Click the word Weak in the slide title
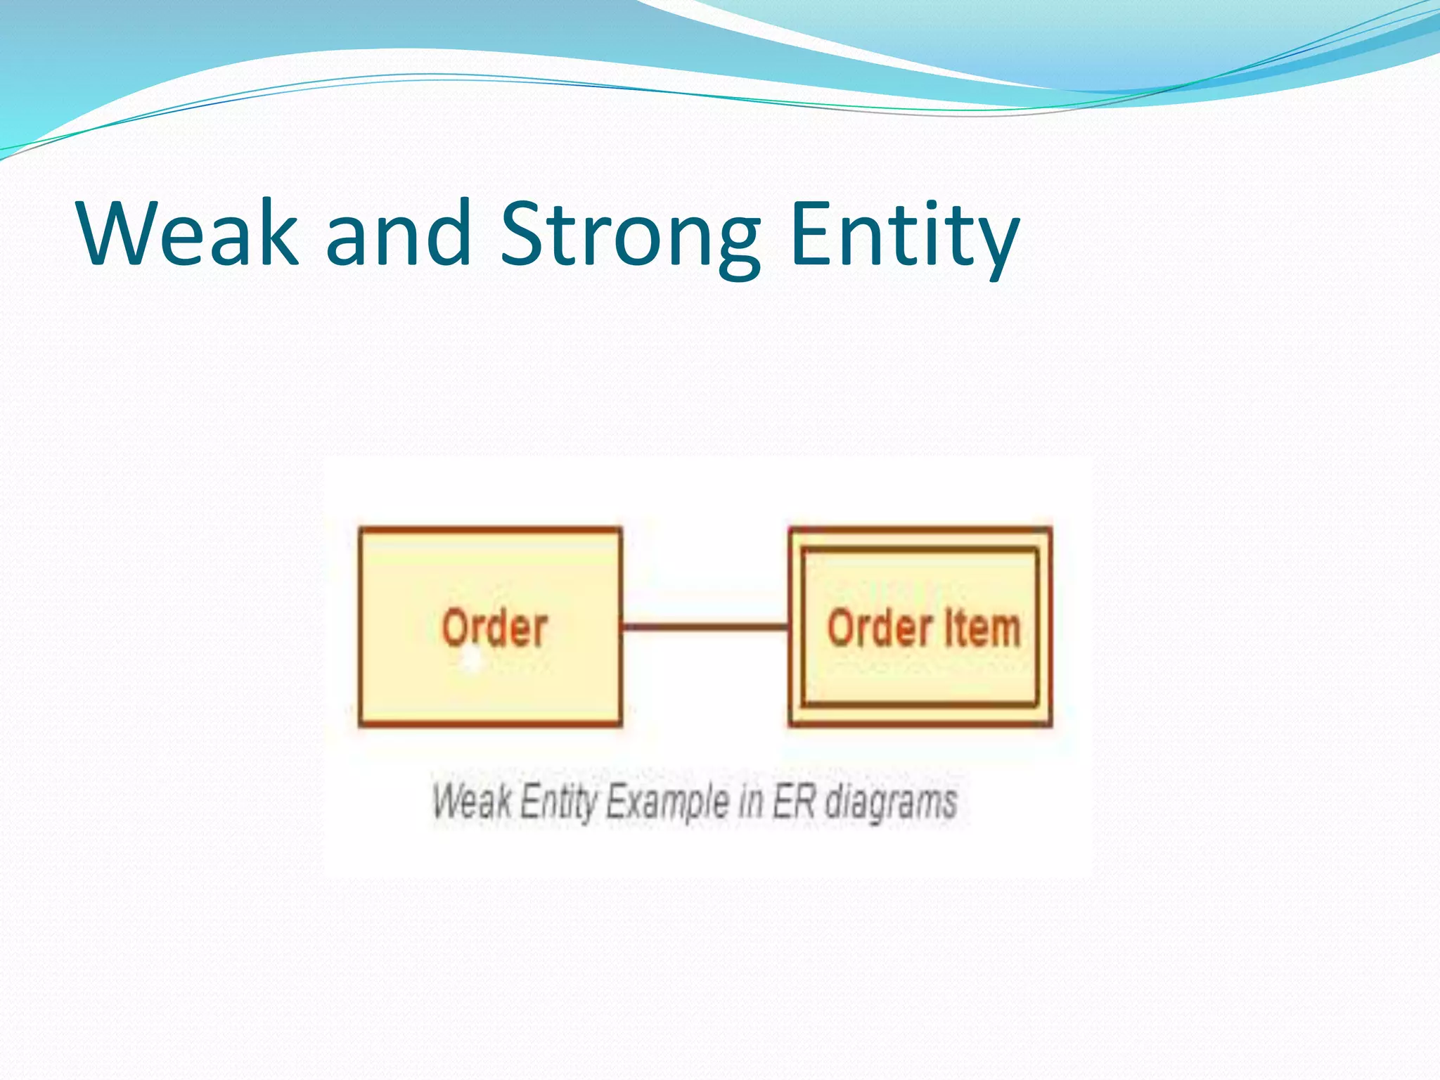[x=188, y=233]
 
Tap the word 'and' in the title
[x=398, y=233]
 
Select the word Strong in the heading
[x=630, y=236]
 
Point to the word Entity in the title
[x=904, y=236]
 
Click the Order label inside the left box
[x=494, y=628]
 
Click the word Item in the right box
[x=982, y=628]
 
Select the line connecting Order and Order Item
[x=705, y=626]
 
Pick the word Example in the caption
[x=667, y=802]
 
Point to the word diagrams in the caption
[x=891, y=802]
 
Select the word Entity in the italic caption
[x=558, y=802]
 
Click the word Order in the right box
[x=880, y=628]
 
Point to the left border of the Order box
[x=361, y=626]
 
